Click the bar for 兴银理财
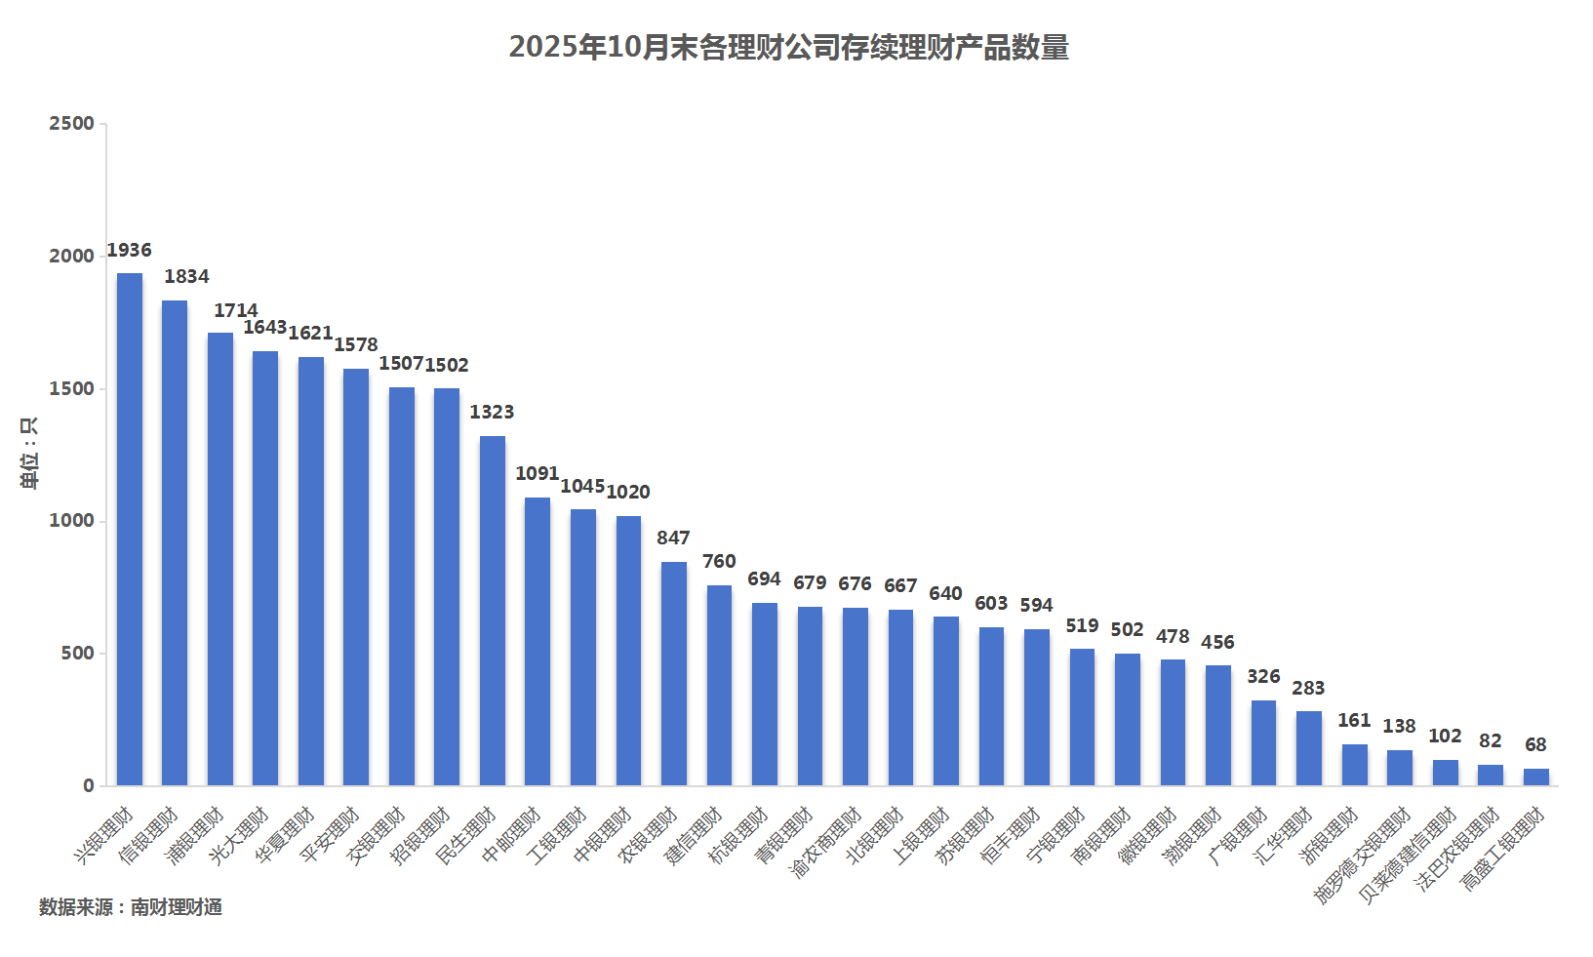coord(130,529)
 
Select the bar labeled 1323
coord(493,611)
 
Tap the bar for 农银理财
coord(674,673)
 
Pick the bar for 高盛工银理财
coord(1536,777)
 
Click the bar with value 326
coord(1263,742)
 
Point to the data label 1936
coord(130,251)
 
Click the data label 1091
coord(538,474)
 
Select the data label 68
coord(1535,745)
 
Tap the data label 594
coord(1036,606)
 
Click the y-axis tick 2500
coord(72,124)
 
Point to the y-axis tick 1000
coord(72,521)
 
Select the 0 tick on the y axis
coord(89,786)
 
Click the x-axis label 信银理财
coord(148,836)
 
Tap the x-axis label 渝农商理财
coord(826,843)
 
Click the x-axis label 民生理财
coord(466,836)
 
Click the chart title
coord(788,47)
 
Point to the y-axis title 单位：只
coord(29,453)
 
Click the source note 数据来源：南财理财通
coord(131,907)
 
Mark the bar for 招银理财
coord(447,586)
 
